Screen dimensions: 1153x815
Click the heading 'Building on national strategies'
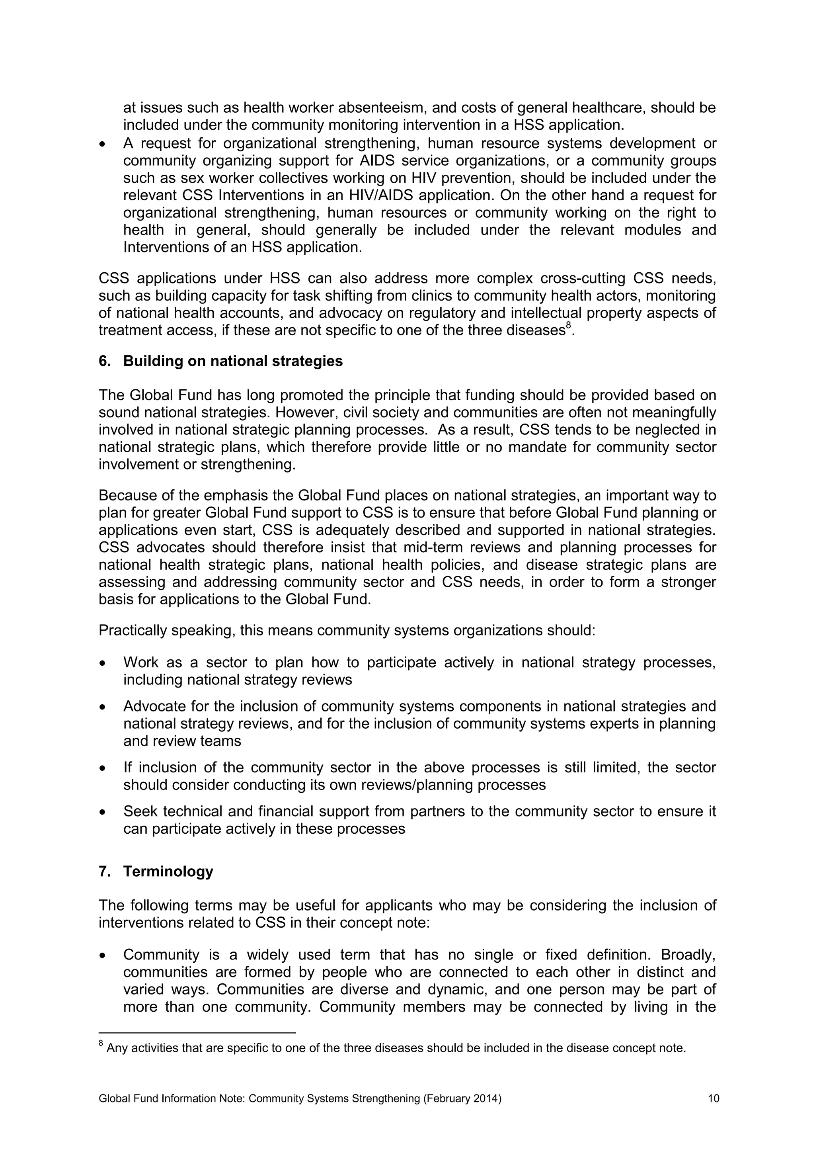click(233, 361)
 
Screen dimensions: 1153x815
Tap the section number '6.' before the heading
click(104, 361)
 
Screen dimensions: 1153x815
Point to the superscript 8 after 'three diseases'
click(569, 326)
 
